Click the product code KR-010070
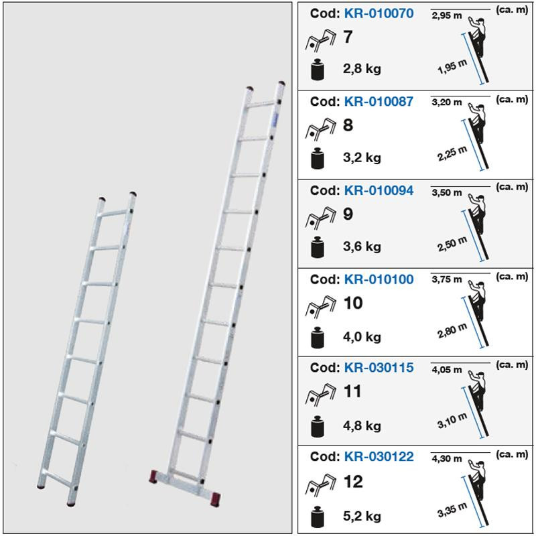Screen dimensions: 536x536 pyautogui.click(x=379, y=13)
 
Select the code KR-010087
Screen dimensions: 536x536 pyautogui.click(x=379, y=102)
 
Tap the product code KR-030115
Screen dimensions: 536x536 pyautogui.click(x=379, y=367)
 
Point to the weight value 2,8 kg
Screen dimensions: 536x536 pyautogui.click(x=362, y=69)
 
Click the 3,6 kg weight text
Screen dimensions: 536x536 pyautogui.click(x=362, y=247)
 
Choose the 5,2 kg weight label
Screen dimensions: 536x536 pyautogui.click(x=362, y=517)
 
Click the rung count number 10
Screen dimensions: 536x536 pyautogui.click(x=353, y=304)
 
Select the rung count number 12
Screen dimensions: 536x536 pyautogui.click(x=353, y=482)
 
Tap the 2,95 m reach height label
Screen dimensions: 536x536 pyautogui.click(x=446, y=15)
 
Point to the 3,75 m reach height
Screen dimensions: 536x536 pyautogui.click(x=446, y=279)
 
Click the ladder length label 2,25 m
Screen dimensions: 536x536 pyautogui.click(x=452, y=154)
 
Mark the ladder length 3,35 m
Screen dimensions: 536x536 pyautogui.click(x=452, y=510)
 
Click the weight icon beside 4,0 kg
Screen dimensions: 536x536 pyautogui.click(x=318, y=338)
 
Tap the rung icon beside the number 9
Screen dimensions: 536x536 pyautogui.click(x=320, y=217)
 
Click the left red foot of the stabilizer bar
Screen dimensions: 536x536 pyautogui.click(x=153, y=476)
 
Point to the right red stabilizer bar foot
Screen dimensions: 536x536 pyautogui.click(x=216, y=499)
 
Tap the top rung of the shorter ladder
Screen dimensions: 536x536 pyautogui.click(x=114, y=213)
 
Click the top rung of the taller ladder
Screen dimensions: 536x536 pyautogui.click(x=261, y=105)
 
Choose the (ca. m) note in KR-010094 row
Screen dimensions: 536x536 pyautogui.click(x=512, y=187)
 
